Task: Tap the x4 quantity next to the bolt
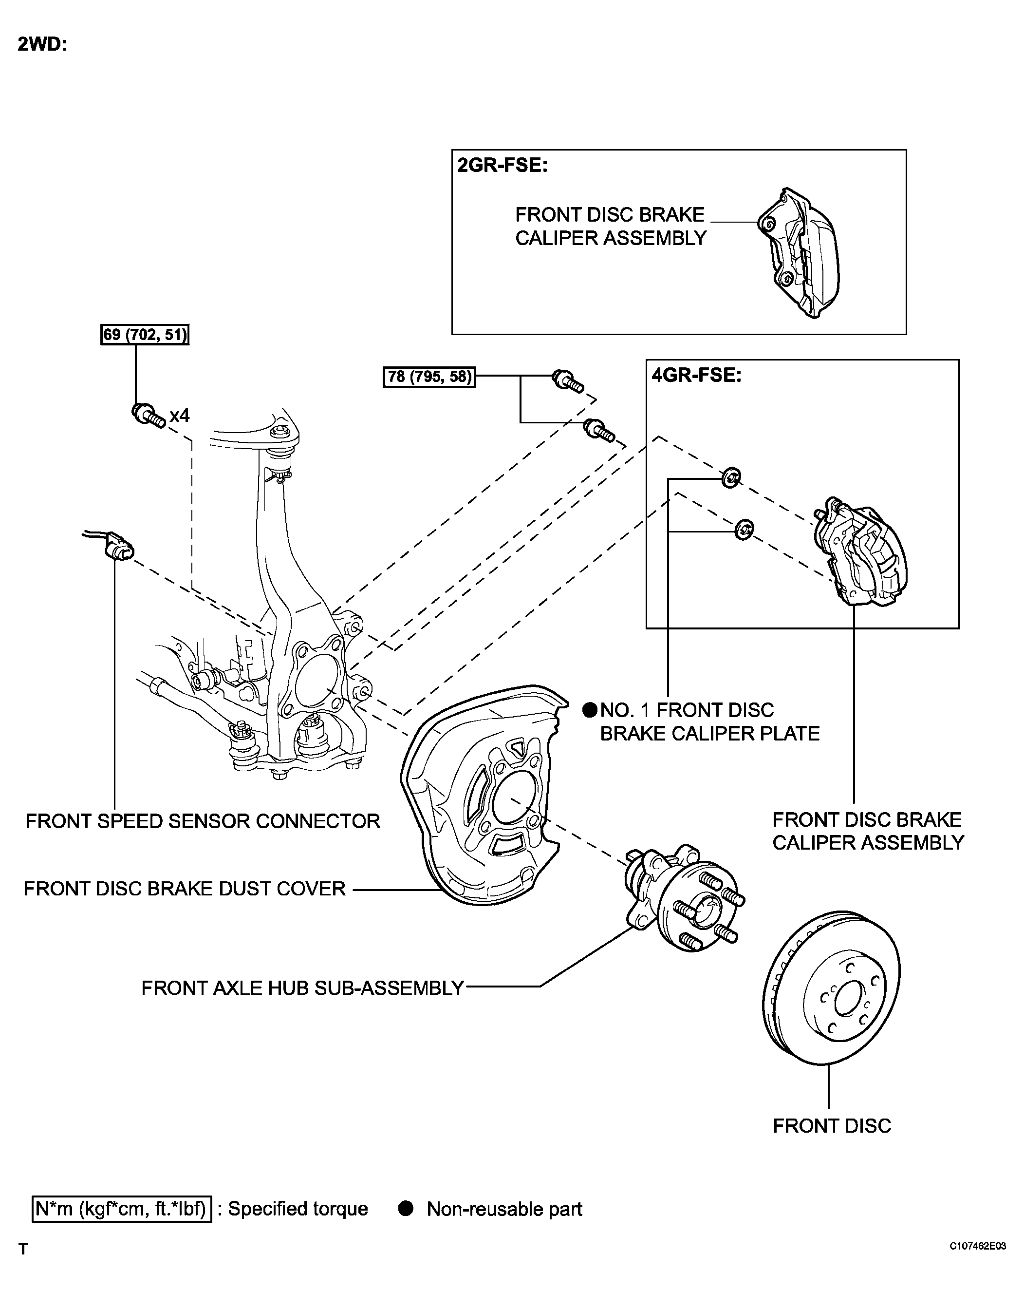coord(180,415)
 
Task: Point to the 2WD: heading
coord(42,44)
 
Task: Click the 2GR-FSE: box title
coord(502,165)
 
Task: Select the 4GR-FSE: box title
coord(696,376)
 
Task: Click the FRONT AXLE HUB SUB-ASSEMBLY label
coord(302,988)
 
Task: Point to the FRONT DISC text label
coord(831,1126)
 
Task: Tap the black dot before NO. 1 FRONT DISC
coord(590,710)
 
